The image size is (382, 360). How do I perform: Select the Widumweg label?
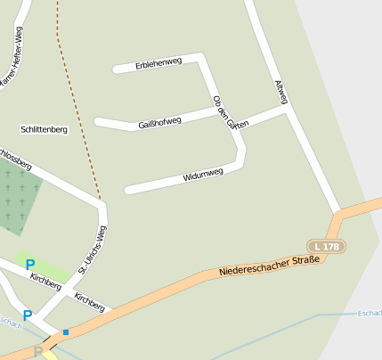pyautogui.click(x=202, y=175)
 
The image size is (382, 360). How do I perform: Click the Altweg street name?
pyautogui.click(x=281, y=93)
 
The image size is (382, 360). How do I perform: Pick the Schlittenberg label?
pyautogui.click(x=45, y=129)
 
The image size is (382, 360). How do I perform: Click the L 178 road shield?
pyautogui.click(x=326, y=245)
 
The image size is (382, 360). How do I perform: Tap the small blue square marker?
pyautogui.click(x=65, y=332)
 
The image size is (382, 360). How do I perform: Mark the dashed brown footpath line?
pyautogui.click(x=75, y=107)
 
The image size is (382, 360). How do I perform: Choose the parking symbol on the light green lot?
pyautogui.click(x=30, y=265)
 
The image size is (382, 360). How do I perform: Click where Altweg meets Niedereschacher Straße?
pyautogui.click(x=339, y=214)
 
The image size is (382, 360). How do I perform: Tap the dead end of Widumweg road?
pyautogui.click(x=128, y=190)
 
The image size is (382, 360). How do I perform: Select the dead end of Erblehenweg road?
pyautogui.click(x=116, y=69)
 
